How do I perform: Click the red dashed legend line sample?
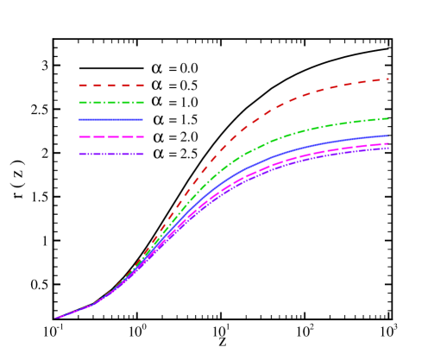[x=110, y=85]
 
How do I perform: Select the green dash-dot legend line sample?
[x=110, y=103]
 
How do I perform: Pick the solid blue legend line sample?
[x=110, y=119]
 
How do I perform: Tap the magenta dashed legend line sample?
[x=110, y=136]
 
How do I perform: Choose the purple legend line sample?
[x=110, y=154]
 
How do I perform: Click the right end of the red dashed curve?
[x=388, y=79]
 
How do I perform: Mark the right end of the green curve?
[x=388, y=118]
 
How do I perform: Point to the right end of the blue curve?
[x=388, y=136]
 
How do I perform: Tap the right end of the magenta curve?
[x=388, y=143]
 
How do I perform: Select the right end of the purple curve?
[x=388, y=148]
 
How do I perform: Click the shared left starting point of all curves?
[x=56, y=318]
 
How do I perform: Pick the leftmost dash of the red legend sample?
[x=83, y=85]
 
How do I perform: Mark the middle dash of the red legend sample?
[x=111, y=85]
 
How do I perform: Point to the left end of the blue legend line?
[x=79, y=119]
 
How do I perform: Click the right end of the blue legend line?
[x=142, y=119]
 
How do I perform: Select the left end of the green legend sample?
[x=79, y=103]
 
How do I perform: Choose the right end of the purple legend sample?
[x=143, y=154]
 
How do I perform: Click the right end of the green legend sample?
[x=143, y=103]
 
